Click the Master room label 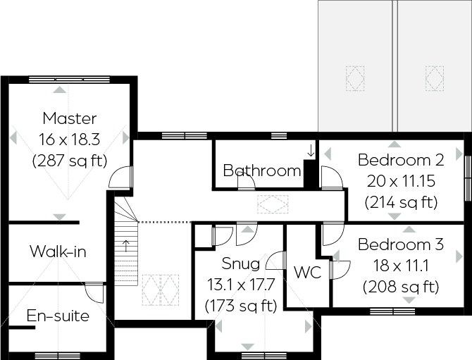(69, 118)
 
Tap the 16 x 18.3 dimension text (69, 139)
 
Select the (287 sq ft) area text (69, 161)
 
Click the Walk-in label (58, 252)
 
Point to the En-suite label (58, 316)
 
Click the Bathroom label (262, 170)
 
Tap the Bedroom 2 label (400, 159)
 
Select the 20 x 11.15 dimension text (400, 181)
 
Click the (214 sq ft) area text (401, 203)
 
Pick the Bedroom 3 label (400, 245)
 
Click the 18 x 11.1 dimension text (400, 266)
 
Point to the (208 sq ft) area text (401, 287)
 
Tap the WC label (306, 273)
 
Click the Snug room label (240, 264)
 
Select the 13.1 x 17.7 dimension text (240, 285)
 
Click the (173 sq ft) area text (240, 306)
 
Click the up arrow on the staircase (127, 245)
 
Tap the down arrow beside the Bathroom (310, 150)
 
